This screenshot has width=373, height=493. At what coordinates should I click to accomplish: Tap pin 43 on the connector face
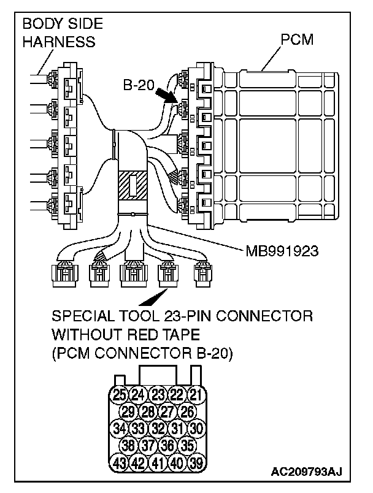pos(120,462)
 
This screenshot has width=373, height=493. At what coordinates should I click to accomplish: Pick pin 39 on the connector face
pos(196,462)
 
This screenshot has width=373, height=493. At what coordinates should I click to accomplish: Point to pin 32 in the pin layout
pos(158,428)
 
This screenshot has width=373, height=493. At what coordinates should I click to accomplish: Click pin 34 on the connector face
pos(120,428)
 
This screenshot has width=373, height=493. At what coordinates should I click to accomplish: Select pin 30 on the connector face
pos(196,428)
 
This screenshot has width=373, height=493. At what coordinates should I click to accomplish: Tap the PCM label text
pos(296,40)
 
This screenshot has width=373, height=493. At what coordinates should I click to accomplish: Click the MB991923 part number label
pos(283,250)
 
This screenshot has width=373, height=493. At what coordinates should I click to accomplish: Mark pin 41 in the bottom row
pos(158,462)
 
